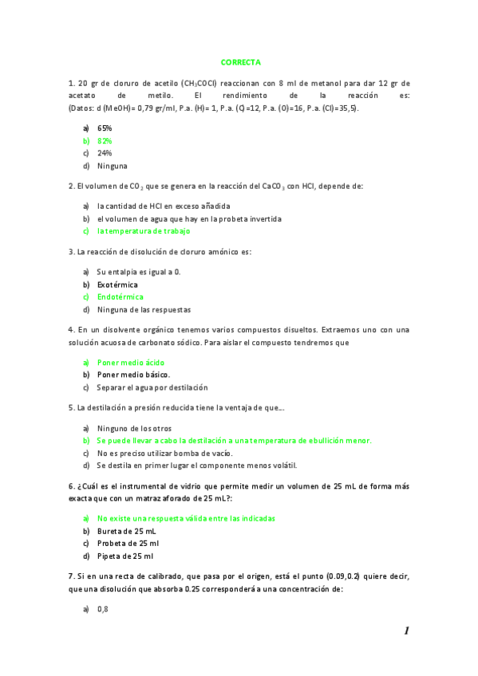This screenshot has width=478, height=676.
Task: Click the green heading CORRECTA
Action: tap(240, 61)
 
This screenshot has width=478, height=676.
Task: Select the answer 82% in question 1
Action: tap(105, 140)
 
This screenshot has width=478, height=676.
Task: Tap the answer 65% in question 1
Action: tap(105, 128)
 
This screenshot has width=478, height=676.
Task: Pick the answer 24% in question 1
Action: tap(105, 153)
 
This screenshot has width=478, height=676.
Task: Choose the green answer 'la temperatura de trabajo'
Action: tap(144, 231)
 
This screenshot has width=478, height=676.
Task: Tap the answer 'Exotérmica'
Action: tap(117, 284)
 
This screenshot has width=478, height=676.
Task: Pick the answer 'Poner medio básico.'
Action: tap(133, 375)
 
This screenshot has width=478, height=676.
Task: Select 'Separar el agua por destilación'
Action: tap(152, 387)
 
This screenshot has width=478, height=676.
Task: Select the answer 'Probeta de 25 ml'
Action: tap(128, 544)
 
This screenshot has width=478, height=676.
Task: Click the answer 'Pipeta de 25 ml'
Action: tap(125, 556)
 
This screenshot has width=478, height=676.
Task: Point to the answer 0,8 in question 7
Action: tap(102, 609)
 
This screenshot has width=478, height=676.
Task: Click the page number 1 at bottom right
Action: tap(406, 631)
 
